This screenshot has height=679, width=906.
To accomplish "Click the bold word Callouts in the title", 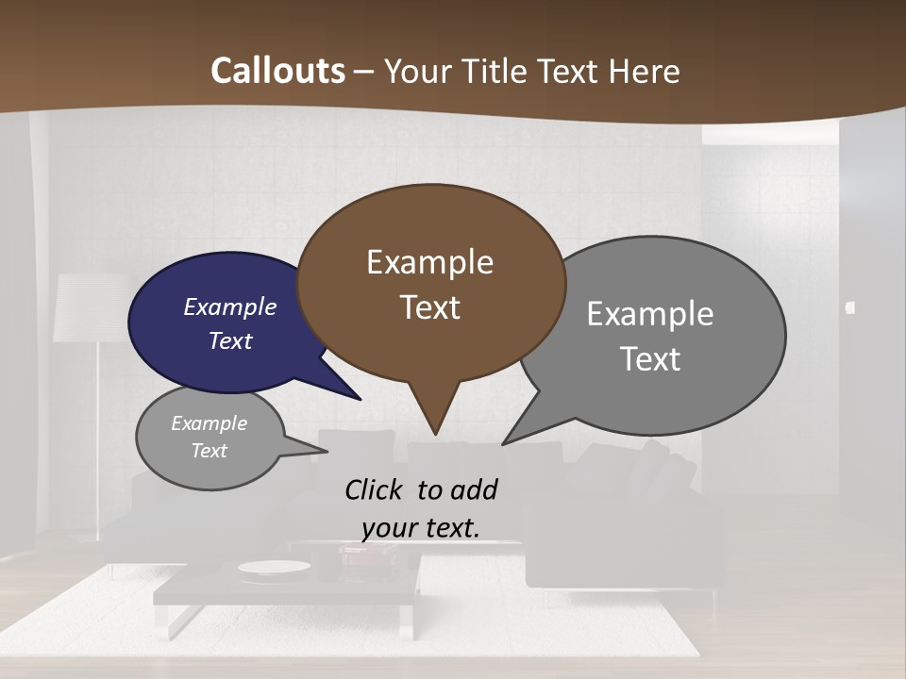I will [x=277, y=71].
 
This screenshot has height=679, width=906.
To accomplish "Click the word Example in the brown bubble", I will [x=429, y=262].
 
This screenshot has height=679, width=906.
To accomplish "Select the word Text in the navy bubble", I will [x=230, y=340].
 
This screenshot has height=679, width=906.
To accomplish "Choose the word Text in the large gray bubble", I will [x=650, y=359].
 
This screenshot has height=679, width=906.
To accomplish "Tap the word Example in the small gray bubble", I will [x=209, y=423].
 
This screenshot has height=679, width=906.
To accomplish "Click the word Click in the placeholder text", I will [x=376, y=489].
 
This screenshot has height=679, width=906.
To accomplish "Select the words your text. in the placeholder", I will [x=420, y=528].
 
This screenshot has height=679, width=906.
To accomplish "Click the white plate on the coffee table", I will [x=274, y=567].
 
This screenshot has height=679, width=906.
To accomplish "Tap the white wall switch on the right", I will [x=850, y=307].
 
